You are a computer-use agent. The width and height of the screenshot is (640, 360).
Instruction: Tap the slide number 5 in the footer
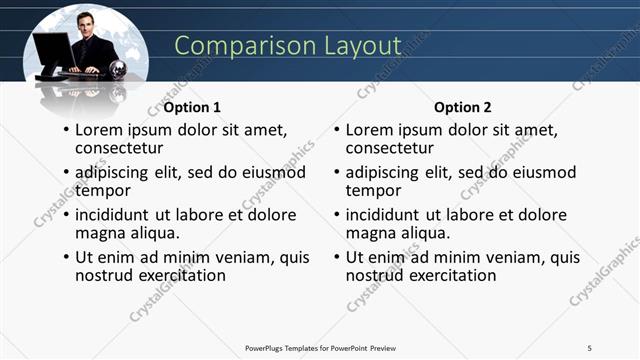click(x=590, y=347)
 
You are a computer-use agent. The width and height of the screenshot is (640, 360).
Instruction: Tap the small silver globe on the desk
click(x=118, y=69)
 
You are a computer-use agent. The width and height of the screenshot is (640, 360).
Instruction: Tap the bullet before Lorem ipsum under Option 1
click(x=66, y=131)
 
